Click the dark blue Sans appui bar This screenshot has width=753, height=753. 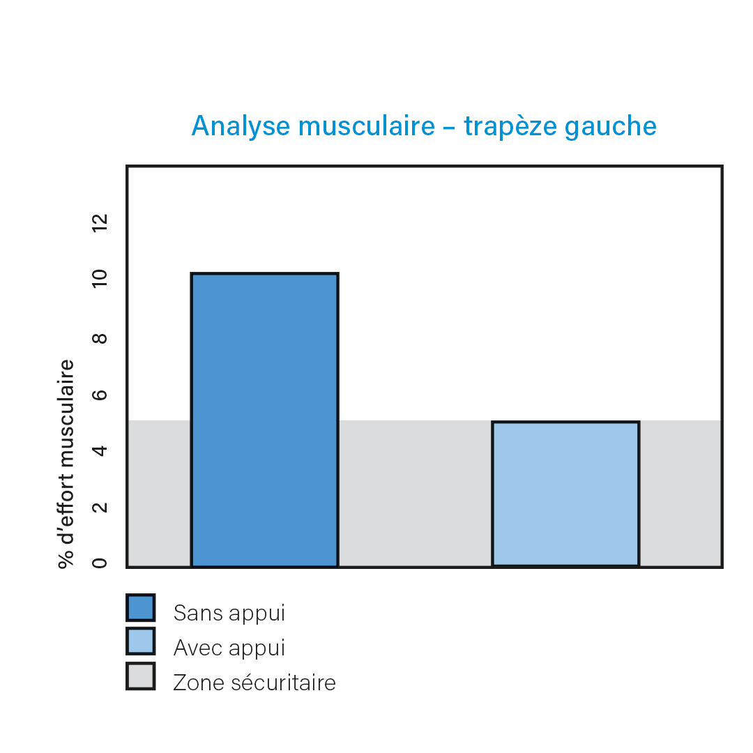pos(265,420)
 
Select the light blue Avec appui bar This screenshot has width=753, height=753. pos(565,494)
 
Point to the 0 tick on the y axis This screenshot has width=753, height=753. pos(100,563)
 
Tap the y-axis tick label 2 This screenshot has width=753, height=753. pos(100,507)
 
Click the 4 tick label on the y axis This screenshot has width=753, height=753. pos(100,451)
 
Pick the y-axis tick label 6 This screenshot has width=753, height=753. pos(100,395)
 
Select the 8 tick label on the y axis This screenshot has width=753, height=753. pos(100,339)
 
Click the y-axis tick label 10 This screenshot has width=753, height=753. pos(100,278)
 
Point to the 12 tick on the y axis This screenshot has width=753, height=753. pos(100,223)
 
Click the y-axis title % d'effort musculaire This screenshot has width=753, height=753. pos(66,464)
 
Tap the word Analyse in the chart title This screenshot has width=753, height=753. pos(241,127)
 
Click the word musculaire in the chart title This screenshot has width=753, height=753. pos(367,125)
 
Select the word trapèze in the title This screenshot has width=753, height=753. pos(510,127)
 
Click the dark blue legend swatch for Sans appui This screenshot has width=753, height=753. pos(141,607)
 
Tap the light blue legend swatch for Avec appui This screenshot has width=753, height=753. pos(141,641)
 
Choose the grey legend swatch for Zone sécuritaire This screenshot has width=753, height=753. pos(141,676)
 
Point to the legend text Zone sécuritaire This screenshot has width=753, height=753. pos(254,683)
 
